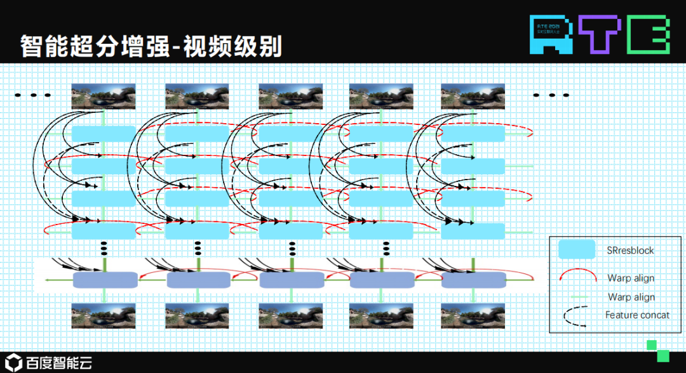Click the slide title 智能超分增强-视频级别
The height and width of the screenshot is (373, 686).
(151, 47)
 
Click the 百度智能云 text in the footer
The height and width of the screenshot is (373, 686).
(60, 363)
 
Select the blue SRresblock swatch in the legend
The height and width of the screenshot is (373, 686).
(577, 250)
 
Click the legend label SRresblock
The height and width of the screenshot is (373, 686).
(630, 251)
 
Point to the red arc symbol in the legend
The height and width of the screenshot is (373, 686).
(577, 277)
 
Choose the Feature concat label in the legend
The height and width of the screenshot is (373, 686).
(637, 315)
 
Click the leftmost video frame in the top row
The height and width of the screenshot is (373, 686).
(103, 96)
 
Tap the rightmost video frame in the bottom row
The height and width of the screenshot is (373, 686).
(473, 315)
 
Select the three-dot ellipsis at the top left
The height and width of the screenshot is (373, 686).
(32, 96)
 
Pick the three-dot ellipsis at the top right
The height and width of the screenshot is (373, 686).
(551, 95)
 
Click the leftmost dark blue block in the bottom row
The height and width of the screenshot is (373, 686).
(105, 280)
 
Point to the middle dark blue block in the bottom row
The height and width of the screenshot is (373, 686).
(292, 280)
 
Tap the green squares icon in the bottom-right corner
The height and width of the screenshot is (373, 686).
(657, 350)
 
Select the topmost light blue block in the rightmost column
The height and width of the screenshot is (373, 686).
(473, 134)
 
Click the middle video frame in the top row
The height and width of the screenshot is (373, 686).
(290, 96)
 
